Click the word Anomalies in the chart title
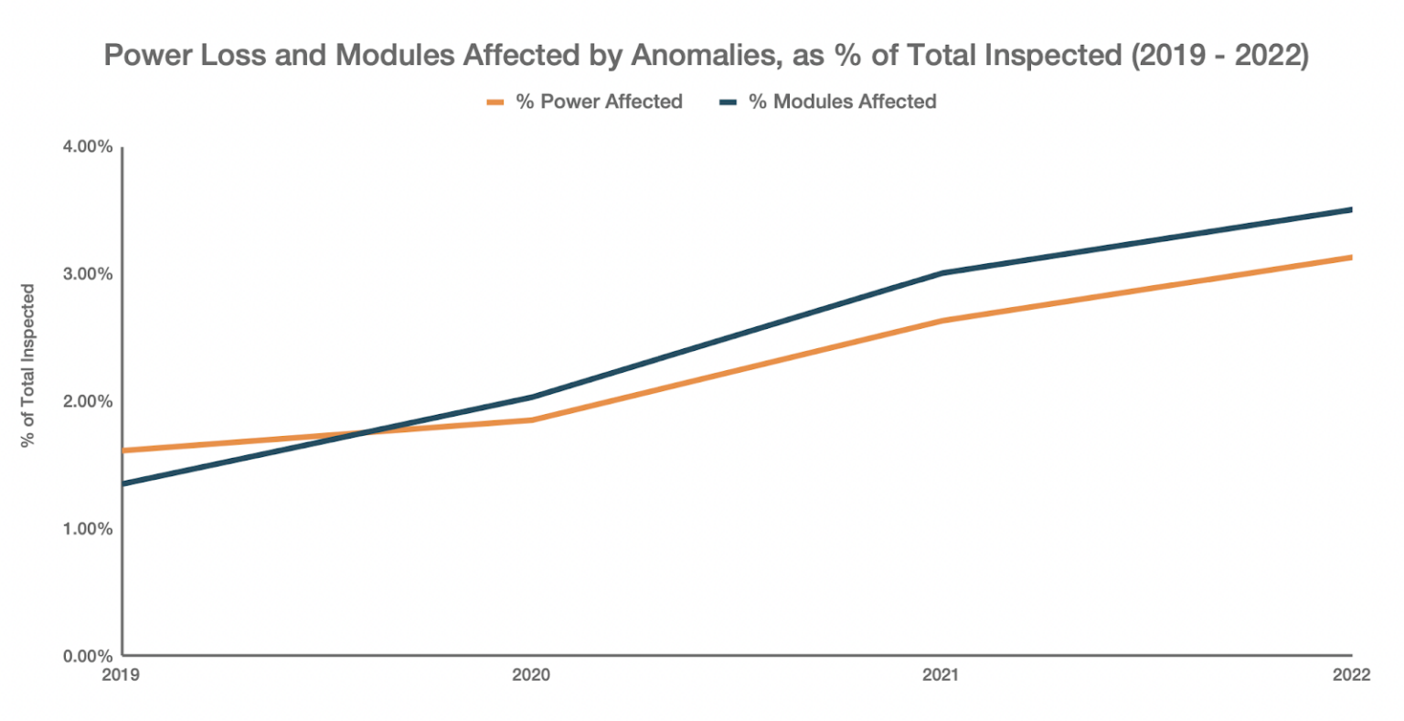pos(703,55)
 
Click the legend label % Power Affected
pos(599,101)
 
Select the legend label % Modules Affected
pos(842,101)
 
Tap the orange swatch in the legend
pos(495,102)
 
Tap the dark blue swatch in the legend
pos(728,102)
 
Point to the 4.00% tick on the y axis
pos(88,147)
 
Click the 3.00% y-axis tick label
pos(88,274)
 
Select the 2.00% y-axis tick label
pos(88,401)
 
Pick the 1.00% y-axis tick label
pos(88,528)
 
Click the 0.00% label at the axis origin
pos(88,655)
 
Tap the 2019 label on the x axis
pos(122,675)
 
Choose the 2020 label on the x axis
pos(531,675)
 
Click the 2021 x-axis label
pos(941,675)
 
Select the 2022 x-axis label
pos(1351,675)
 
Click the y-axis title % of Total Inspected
pos(28,366)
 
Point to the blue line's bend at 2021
pos(941,272)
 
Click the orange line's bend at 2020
pos(532,419)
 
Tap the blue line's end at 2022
pos(1350,209)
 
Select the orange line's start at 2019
pos(124,451)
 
